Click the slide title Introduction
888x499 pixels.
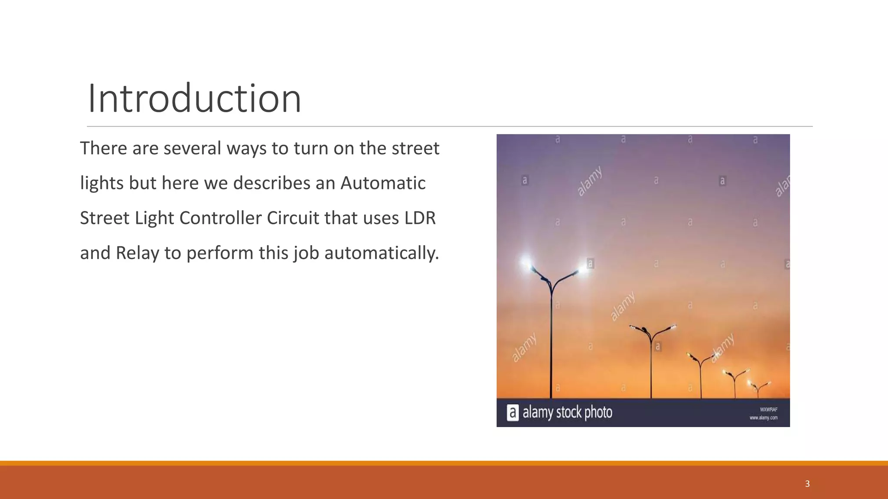pos(194,99)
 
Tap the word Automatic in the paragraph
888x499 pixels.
pos(383,183)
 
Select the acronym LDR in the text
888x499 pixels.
pos(420,218)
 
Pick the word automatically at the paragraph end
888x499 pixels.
pos(382,253)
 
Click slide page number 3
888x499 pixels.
pos(807,484)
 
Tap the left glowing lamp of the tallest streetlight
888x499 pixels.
pos(526,262)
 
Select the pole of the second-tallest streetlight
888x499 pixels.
pos(651,368)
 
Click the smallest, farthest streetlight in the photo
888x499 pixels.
pos(758,388)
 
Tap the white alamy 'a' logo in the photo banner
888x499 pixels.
pos(513,412)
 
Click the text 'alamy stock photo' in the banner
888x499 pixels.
pos(567,412)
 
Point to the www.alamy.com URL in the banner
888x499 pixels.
pos(763,418)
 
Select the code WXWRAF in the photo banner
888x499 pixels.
pos(768,409)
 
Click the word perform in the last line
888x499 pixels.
pos(220,253)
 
